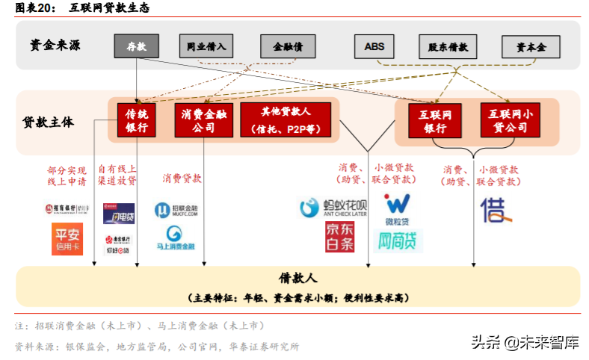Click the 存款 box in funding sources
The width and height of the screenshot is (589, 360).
[136, 46]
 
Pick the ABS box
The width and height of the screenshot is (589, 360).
[374, 46]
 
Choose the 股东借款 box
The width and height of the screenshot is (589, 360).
[448, 46]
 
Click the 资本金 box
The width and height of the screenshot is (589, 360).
[531, 46]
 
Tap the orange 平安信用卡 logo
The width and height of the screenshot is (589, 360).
[67, 239]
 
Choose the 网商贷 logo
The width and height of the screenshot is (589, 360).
[398, 240]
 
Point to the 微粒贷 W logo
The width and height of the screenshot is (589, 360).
[397, 205]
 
